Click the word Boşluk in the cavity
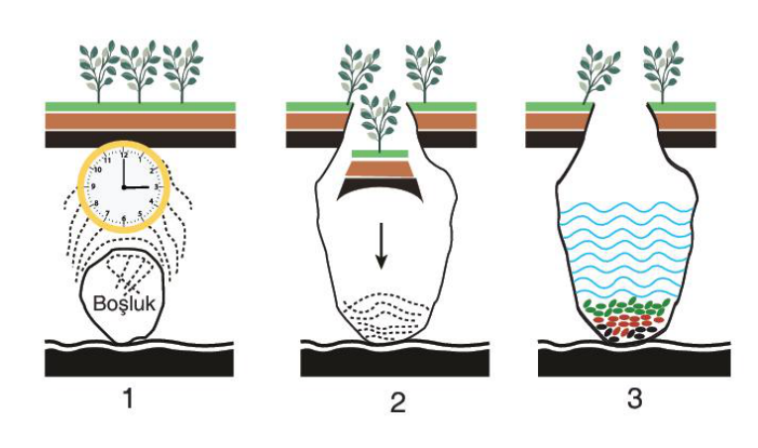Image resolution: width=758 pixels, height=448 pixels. coord(124,304)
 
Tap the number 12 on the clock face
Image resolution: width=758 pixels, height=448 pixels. coord(124,156)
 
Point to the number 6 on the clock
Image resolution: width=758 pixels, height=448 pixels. coord(124,219)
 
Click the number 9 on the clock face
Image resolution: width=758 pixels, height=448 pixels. coord(93,186)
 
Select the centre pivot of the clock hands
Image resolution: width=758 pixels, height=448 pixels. coord(124,186)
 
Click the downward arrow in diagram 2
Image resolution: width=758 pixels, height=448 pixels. coord(381,246)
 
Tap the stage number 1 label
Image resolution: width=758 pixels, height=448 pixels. coord(128,399)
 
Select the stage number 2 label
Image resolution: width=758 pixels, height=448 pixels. coord(397,402)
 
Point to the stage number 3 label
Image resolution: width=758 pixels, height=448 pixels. coord(635,398)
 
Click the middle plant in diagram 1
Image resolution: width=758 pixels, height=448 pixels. coord(140,71)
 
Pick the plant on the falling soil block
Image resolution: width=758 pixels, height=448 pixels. coord(379,121)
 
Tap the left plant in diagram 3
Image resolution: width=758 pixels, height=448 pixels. coord(598,72)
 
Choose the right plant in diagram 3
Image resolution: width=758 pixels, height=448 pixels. coord(663,71)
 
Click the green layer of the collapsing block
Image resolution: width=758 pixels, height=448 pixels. coord(379,155)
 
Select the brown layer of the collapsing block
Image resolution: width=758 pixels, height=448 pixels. coord(379,168)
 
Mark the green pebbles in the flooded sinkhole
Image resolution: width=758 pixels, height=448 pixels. coord(627,306)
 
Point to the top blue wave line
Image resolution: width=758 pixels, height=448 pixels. coord(627,209)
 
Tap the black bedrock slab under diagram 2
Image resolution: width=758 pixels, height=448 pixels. coord(395,363)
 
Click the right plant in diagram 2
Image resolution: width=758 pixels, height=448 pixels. coord(425,71)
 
